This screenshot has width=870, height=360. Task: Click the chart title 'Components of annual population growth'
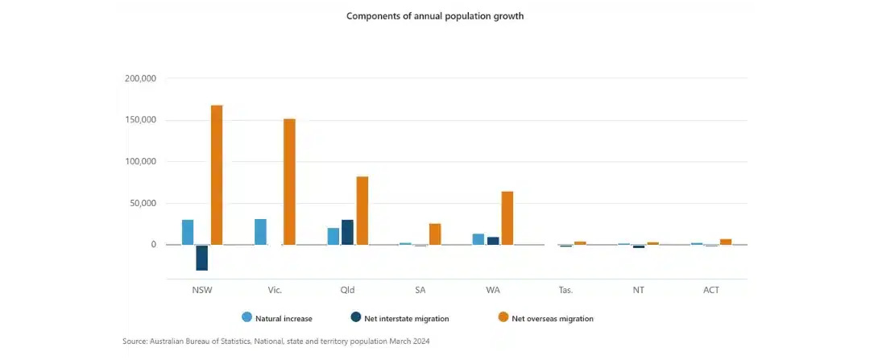[435, 16]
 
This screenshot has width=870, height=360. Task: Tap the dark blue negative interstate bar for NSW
[202, 258]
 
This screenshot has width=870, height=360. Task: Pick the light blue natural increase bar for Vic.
[260, 232]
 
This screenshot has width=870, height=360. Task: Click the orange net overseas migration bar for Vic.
[289, 181]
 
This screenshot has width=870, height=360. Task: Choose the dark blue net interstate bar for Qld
[347, 232]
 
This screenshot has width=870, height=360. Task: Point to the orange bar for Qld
[362, 210]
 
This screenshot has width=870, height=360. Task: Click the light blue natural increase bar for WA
[478, 239]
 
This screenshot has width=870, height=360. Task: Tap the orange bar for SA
[435, 234]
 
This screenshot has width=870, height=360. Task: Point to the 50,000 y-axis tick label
[143, 203]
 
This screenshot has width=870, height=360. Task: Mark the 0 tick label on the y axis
[152, 245]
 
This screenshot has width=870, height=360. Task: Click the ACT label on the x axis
[710, 290]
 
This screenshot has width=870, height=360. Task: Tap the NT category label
[638, 290]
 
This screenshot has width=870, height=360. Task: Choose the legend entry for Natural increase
[277, 318]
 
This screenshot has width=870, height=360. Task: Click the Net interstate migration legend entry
[400, 318]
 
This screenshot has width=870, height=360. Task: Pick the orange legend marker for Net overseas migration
[503, 317]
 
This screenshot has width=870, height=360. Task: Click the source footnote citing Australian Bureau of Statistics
[275, 341]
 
